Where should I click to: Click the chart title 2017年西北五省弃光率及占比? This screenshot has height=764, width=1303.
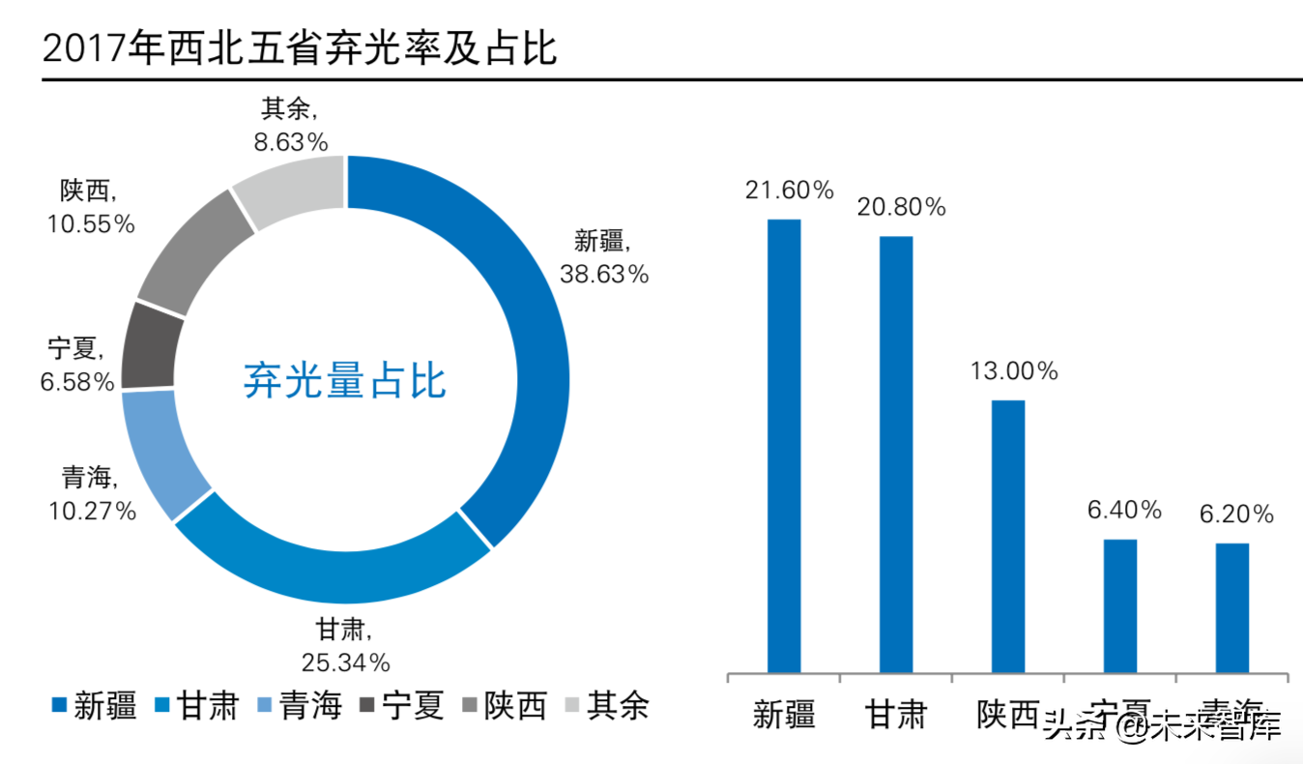coord(300,47)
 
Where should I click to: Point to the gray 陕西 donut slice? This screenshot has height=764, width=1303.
coord(188,251)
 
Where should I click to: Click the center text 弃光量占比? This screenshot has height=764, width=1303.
coord(345,381)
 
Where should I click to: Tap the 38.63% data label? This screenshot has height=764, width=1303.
coord(604,275)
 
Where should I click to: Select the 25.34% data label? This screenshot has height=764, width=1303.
coord(346,662)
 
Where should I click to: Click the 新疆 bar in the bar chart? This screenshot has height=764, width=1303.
coord(784,445)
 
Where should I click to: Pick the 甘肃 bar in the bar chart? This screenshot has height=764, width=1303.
coord(896,454)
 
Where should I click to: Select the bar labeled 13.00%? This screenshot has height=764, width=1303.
coord(1008,536)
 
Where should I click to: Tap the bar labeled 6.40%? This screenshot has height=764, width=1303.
coord(1120,604)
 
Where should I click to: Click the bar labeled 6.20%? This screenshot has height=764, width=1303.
coord(1232,606)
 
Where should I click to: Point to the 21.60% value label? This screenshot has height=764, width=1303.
coord(789,191)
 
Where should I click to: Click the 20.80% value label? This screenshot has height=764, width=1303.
coord(901,207)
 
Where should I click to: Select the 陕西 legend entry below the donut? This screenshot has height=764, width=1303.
coord(507,706)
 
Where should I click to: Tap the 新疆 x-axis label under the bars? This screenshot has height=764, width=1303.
coord(784,715)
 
